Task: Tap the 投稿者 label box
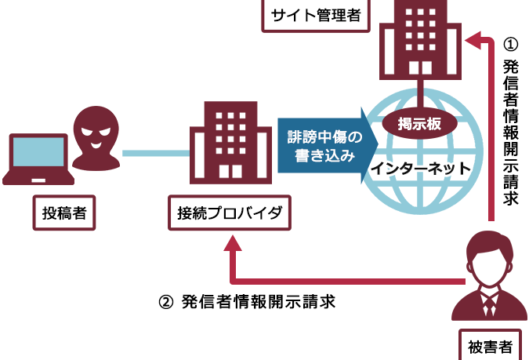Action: [63, 212]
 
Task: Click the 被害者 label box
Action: [489, 344]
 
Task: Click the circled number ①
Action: [510, 44]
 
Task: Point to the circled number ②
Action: [165, 300]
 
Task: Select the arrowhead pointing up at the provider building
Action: [233, 244]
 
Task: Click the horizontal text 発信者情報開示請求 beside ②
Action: [258, 300]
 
